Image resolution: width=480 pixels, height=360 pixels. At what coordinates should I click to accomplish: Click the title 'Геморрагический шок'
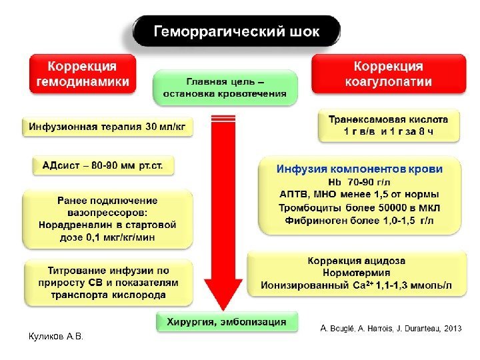[237, 31]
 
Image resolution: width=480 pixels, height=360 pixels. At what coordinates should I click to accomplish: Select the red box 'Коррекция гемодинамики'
[82, 74]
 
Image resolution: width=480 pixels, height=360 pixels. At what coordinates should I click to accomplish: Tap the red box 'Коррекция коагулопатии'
[387, 74]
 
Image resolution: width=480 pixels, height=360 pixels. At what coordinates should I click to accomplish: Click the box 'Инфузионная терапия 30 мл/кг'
[107, 126]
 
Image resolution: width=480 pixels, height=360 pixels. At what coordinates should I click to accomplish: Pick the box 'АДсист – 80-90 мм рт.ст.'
[103, 165]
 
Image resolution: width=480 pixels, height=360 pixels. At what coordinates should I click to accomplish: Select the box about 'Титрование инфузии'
[107, 283]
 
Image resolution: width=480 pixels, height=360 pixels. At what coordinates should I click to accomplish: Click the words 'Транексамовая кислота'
[388, 119]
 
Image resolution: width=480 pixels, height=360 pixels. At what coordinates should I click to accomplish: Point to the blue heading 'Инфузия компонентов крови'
[359, 169]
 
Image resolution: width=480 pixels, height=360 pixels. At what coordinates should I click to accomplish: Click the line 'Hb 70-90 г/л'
[359, 181]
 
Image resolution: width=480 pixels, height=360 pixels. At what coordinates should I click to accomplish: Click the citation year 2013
[451, 328]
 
